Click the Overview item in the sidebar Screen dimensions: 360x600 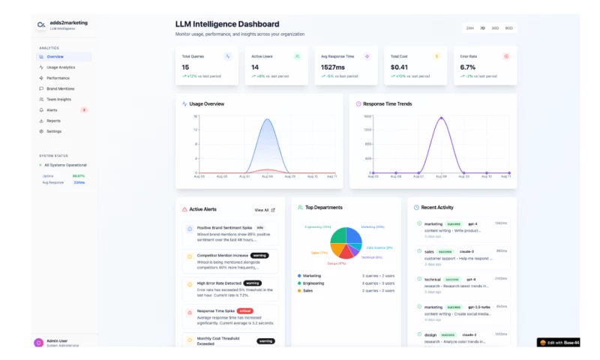click(55, 57)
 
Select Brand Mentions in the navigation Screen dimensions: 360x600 click(60, 88)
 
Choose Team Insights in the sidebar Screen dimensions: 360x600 click(58, 99)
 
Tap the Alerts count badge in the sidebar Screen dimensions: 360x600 click(84, 109)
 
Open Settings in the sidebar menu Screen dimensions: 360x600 click(54, 131)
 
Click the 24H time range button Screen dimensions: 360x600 click(470, 28)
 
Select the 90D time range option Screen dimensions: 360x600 click(508, 28)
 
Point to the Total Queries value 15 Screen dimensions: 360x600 click(185, 67)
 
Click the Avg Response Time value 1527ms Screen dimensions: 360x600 click(333, 67)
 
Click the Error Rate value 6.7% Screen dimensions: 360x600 click(467, 67)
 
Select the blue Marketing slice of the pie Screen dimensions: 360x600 click(354, 237)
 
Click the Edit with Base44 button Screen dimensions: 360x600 click(559, 343)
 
